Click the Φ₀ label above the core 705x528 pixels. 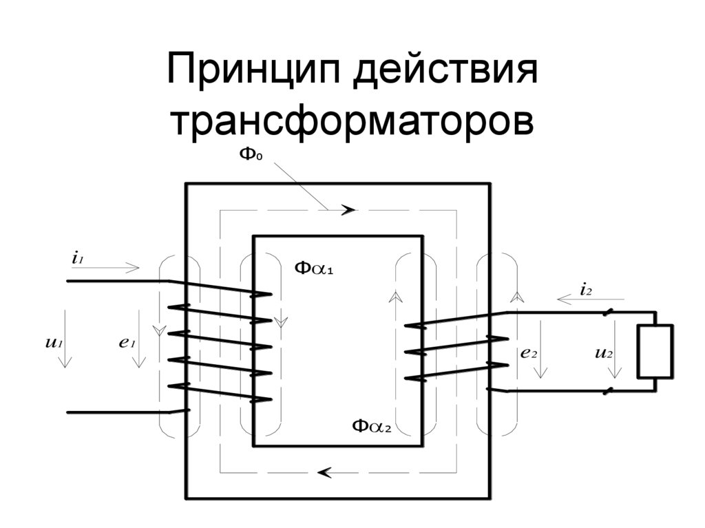point(251,154)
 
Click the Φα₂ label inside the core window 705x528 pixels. point(371,426)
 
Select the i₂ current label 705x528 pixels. point(586,290)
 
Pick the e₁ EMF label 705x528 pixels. point(126,342)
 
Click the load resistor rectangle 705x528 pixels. point(655,352)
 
